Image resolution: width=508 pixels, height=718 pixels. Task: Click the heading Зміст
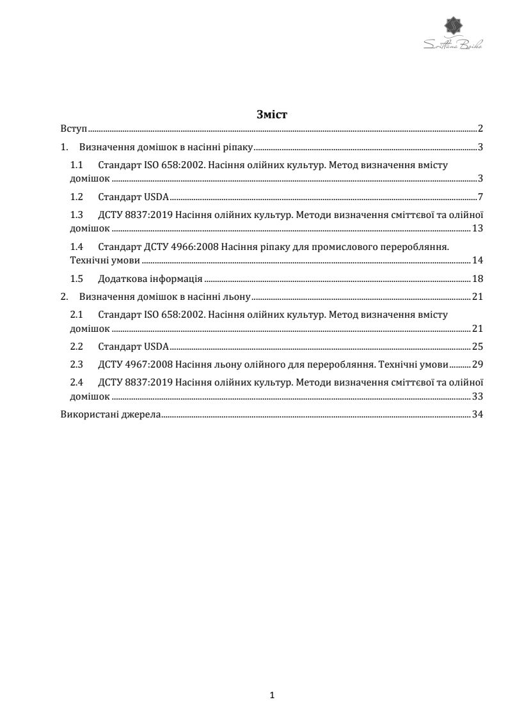click(272, 115)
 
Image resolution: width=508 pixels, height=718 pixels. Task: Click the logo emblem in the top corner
click(454, 26)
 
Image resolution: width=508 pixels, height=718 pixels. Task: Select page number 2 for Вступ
click(480, 129)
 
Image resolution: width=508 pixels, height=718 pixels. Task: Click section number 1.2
click(77, 197)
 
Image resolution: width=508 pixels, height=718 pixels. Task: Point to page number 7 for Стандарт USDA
click(480, 197)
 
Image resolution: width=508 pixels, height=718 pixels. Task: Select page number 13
click(477, 228)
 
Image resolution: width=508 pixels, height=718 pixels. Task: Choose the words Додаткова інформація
click(150, 279)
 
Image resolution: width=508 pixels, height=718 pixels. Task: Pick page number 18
click(477, 279)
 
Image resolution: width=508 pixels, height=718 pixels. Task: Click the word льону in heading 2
click(236, 297)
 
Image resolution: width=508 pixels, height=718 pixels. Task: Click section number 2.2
click(77, 347)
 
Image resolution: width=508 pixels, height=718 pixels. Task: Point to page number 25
click(477, 347)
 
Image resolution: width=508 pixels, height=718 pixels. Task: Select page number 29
click(477, 365)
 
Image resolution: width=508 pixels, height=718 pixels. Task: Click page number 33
click(477, 397)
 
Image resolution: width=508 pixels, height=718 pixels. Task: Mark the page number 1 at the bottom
click(273, 695)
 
